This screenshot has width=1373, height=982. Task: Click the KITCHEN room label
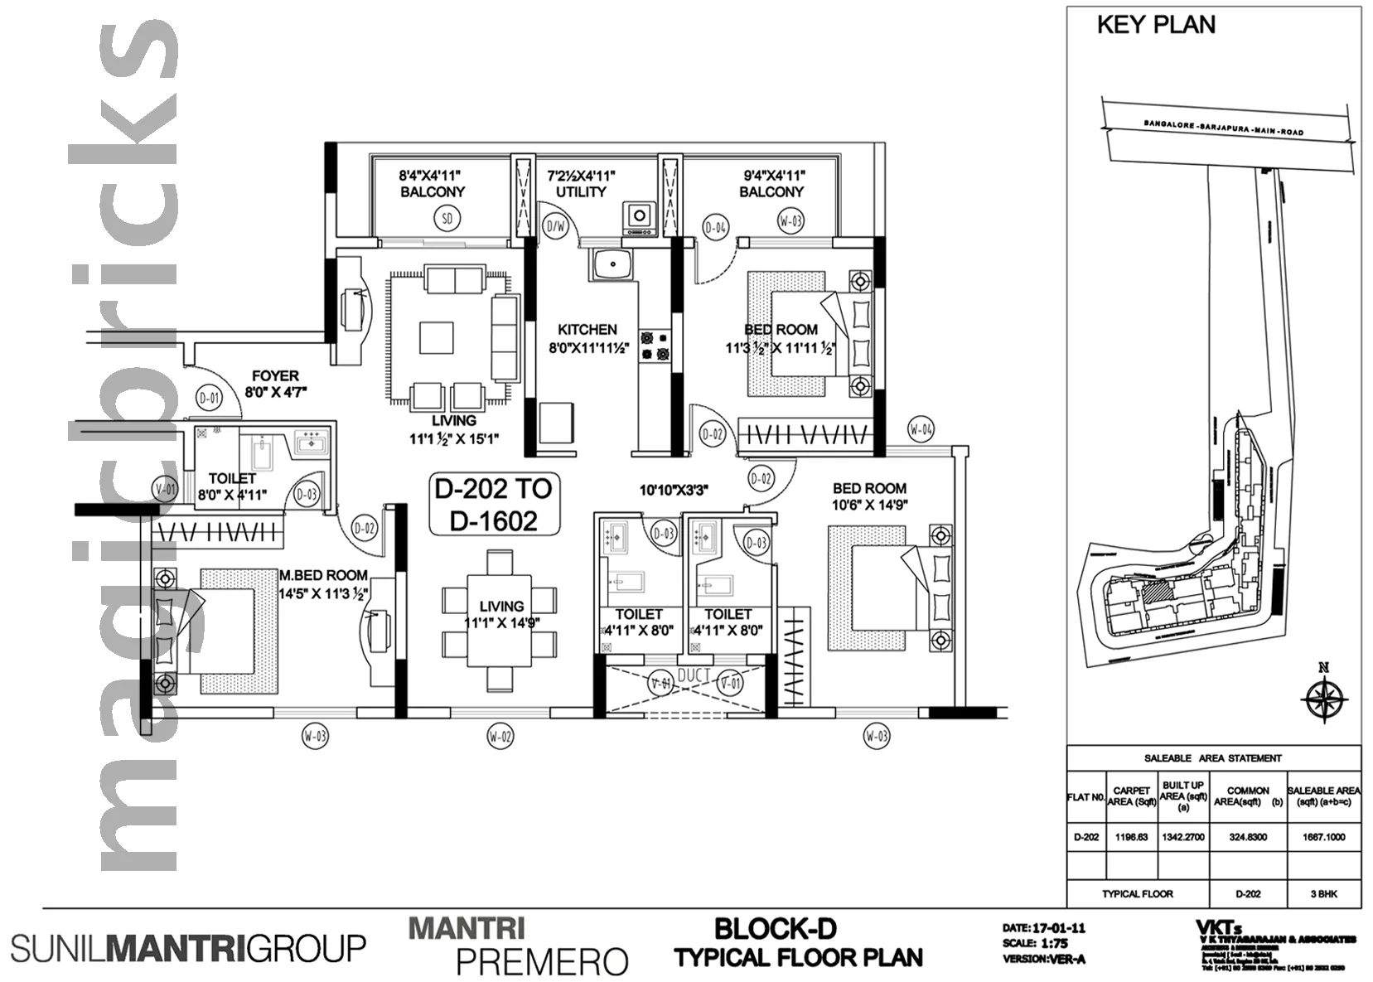coord(587,329)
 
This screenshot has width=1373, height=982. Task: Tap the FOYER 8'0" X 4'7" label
coord(276,384)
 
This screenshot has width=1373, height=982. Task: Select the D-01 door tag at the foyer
coord(210,399)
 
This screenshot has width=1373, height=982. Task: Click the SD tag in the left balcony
coord(447,219)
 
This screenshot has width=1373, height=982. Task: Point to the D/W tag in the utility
coord(554,226)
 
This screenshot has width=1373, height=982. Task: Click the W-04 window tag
coord(921,429)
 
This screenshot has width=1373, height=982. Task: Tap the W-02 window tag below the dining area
coord(500,736)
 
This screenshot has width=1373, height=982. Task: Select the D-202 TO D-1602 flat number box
coord(494,504)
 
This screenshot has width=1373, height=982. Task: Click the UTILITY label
coord(581,191)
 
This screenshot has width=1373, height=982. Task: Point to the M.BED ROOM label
coord(323,575)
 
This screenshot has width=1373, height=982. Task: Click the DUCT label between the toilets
coord(694,675)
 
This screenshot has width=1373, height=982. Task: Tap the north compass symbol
coord(1323,698)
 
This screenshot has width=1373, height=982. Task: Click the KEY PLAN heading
coord(1156,25)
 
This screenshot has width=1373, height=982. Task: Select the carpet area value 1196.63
coord(1131,837)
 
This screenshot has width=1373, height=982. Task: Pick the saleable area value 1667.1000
coord(1323,837)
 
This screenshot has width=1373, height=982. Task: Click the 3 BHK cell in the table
coord(1323,893)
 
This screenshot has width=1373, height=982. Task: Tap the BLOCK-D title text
coord(776,928)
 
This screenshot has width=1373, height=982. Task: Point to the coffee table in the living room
coord(437,338)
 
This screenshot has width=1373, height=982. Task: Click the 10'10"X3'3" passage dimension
coord(673,491)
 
